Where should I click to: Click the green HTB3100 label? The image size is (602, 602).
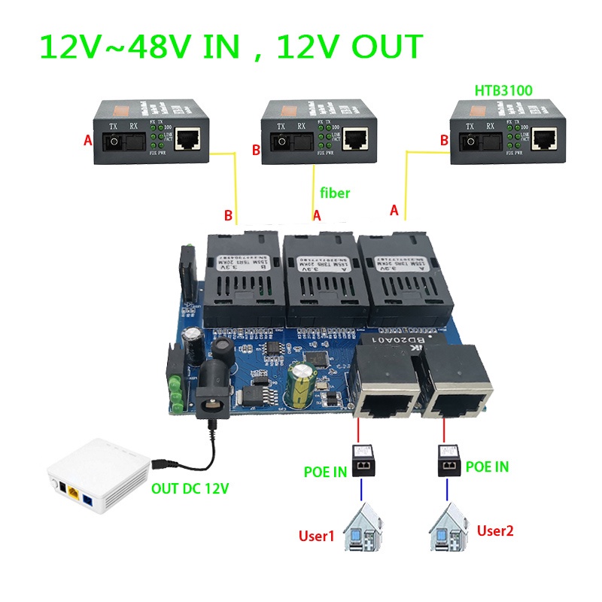(503, 90)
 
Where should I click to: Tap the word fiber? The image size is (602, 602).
(335, 193)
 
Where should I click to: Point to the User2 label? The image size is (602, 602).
(495, 531)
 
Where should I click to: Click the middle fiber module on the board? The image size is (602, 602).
(318, 278)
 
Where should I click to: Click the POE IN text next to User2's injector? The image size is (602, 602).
(486, 467)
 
